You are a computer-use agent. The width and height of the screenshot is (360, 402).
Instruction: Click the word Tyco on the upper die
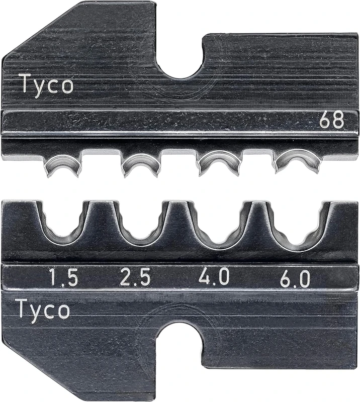coord(46,84)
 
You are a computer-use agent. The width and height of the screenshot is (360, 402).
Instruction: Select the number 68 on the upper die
coord(332,121)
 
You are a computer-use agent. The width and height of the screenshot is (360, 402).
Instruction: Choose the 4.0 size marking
coord(214,277)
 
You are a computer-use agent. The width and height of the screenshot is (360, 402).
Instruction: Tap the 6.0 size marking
coord(295,278)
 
